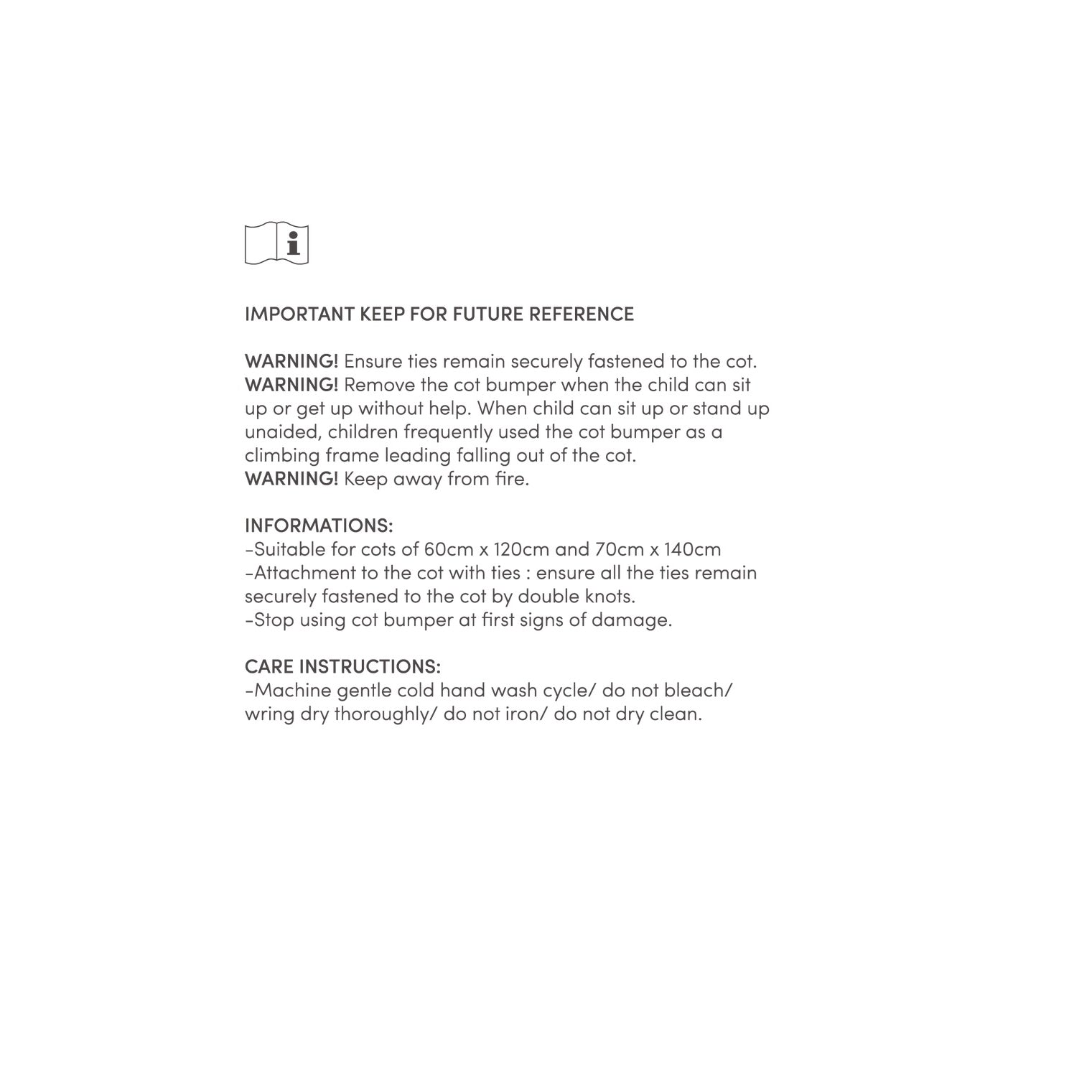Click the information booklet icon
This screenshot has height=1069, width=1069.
click(x=276, y=243)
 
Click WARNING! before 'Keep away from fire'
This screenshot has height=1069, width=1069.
click(x=291, y=479)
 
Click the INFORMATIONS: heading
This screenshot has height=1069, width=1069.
click(x=319, y=526)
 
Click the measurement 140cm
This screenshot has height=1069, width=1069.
click(x=692, y=549)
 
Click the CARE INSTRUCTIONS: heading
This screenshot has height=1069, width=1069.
click(x=342, y=666)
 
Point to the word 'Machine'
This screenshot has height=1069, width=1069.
click(x=292, y=691)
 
